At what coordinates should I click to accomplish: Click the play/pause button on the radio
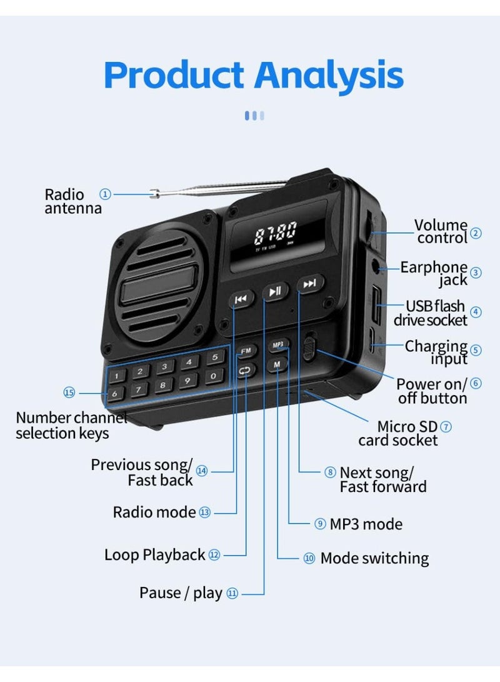pos(275,291)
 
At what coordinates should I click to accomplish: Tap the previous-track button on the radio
pos(241,299)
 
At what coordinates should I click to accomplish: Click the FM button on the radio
pos(246,351)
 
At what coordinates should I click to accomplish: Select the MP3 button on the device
pos(278,345)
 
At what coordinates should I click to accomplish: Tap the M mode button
pos(277,364)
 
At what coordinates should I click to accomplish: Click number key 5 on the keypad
pos(215,358)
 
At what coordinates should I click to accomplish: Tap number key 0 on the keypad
pos(213,376)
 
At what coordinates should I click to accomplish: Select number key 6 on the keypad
pos(115,394)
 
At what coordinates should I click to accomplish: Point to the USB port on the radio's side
pos(376,306)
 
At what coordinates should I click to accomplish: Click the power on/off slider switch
pos(308,347)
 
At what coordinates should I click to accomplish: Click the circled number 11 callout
pos(232,593)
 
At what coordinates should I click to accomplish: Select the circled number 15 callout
pos(69,393)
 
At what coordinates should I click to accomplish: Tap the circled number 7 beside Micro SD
pos(446,427)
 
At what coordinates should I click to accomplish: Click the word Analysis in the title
pos(329,75)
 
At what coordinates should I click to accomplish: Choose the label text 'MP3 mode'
pos(366,524)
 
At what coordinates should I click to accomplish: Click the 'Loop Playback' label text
pos(155,556)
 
